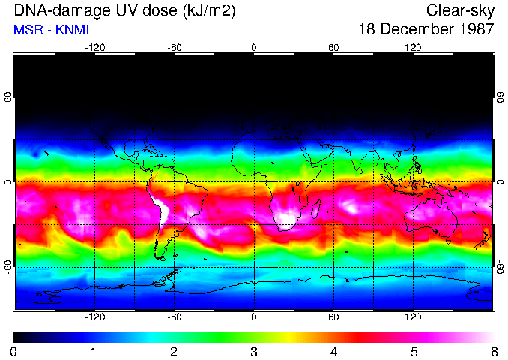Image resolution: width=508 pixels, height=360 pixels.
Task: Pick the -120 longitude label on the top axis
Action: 94,47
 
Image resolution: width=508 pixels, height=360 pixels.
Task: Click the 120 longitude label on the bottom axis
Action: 413,317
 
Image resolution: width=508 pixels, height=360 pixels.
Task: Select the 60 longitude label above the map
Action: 333,47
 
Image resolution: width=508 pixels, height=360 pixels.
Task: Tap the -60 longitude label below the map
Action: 175,317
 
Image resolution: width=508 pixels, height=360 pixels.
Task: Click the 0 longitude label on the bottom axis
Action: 254,317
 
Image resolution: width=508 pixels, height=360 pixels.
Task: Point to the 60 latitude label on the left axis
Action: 8,97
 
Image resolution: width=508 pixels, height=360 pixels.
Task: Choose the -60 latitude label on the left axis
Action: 8,266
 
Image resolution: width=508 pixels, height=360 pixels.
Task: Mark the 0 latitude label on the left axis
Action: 8,182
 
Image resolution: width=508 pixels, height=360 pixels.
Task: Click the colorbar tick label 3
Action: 254,351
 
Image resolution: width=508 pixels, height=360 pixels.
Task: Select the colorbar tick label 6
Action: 494,351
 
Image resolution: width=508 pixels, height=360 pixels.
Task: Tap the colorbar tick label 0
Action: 14,351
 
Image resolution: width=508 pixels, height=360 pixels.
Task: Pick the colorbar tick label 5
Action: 414,351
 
